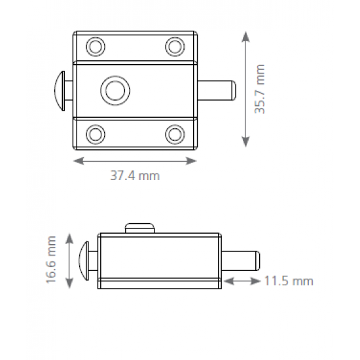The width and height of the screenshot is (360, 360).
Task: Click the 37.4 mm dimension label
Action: pyautogui.click(x=135, y=175)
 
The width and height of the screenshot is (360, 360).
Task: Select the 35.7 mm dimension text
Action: pyautogui.click(x=260, y=89)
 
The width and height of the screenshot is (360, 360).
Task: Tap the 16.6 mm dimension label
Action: pyautogui.click(x=51, y=260)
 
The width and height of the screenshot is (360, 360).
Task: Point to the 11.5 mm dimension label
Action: pyautogui.click(x=289, y=281)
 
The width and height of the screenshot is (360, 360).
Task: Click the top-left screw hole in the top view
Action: pyautogui.click(x=96, y=47)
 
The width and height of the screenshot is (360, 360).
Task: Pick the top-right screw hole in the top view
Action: pyautogui.click(x=175, y=47)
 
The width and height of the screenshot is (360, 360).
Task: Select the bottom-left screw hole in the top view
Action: pyautogui.click(x=96, y=134)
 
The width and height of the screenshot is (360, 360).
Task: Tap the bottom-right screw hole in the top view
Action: pyautogui.click(x=175, y=134)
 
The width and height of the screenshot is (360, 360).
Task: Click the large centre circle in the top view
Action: pyautogui.click(x=115, y=90)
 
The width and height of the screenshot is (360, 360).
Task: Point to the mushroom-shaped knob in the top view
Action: pyautogui.click(x=60, y=91)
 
